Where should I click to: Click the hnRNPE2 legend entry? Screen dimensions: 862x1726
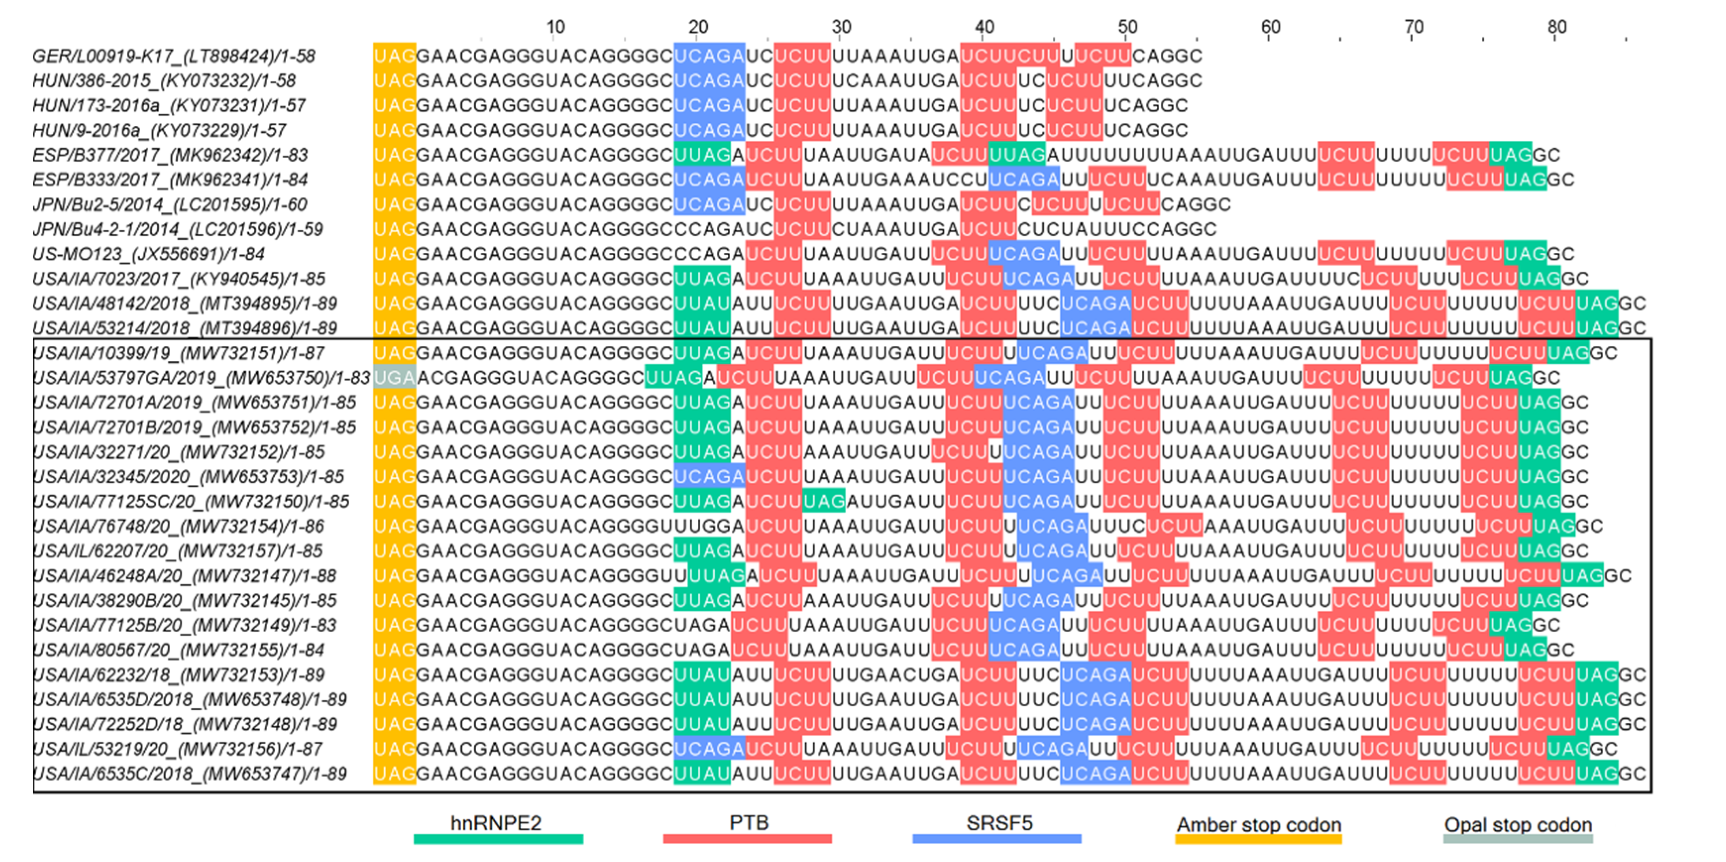click(x=496, y=823)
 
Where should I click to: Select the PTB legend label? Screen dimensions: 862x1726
click(x=749, y=823)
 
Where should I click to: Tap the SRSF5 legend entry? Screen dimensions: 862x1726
click(x=998, y=823)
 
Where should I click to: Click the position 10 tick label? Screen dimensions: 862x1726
click(x=555, y=27)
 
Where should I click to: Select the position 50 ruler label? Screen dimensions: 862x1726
click(x=1127, y=27)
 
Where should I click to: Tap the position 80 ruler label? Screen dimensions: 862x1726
click(x=1557, y=27)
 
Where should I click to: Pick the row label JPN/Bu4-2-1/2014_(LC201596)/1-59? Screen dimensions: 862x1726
click(x=177, y=229)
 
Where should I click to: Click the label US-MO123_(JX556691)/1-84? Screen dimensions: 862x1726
click(x=148, y=254)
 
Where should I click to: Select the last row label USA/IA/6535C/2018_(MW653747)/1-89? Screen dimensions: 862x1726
click(x=190, y=774)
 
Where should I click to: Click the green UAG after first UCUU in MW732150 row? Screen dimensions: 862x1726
click(x=823, y=501)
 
